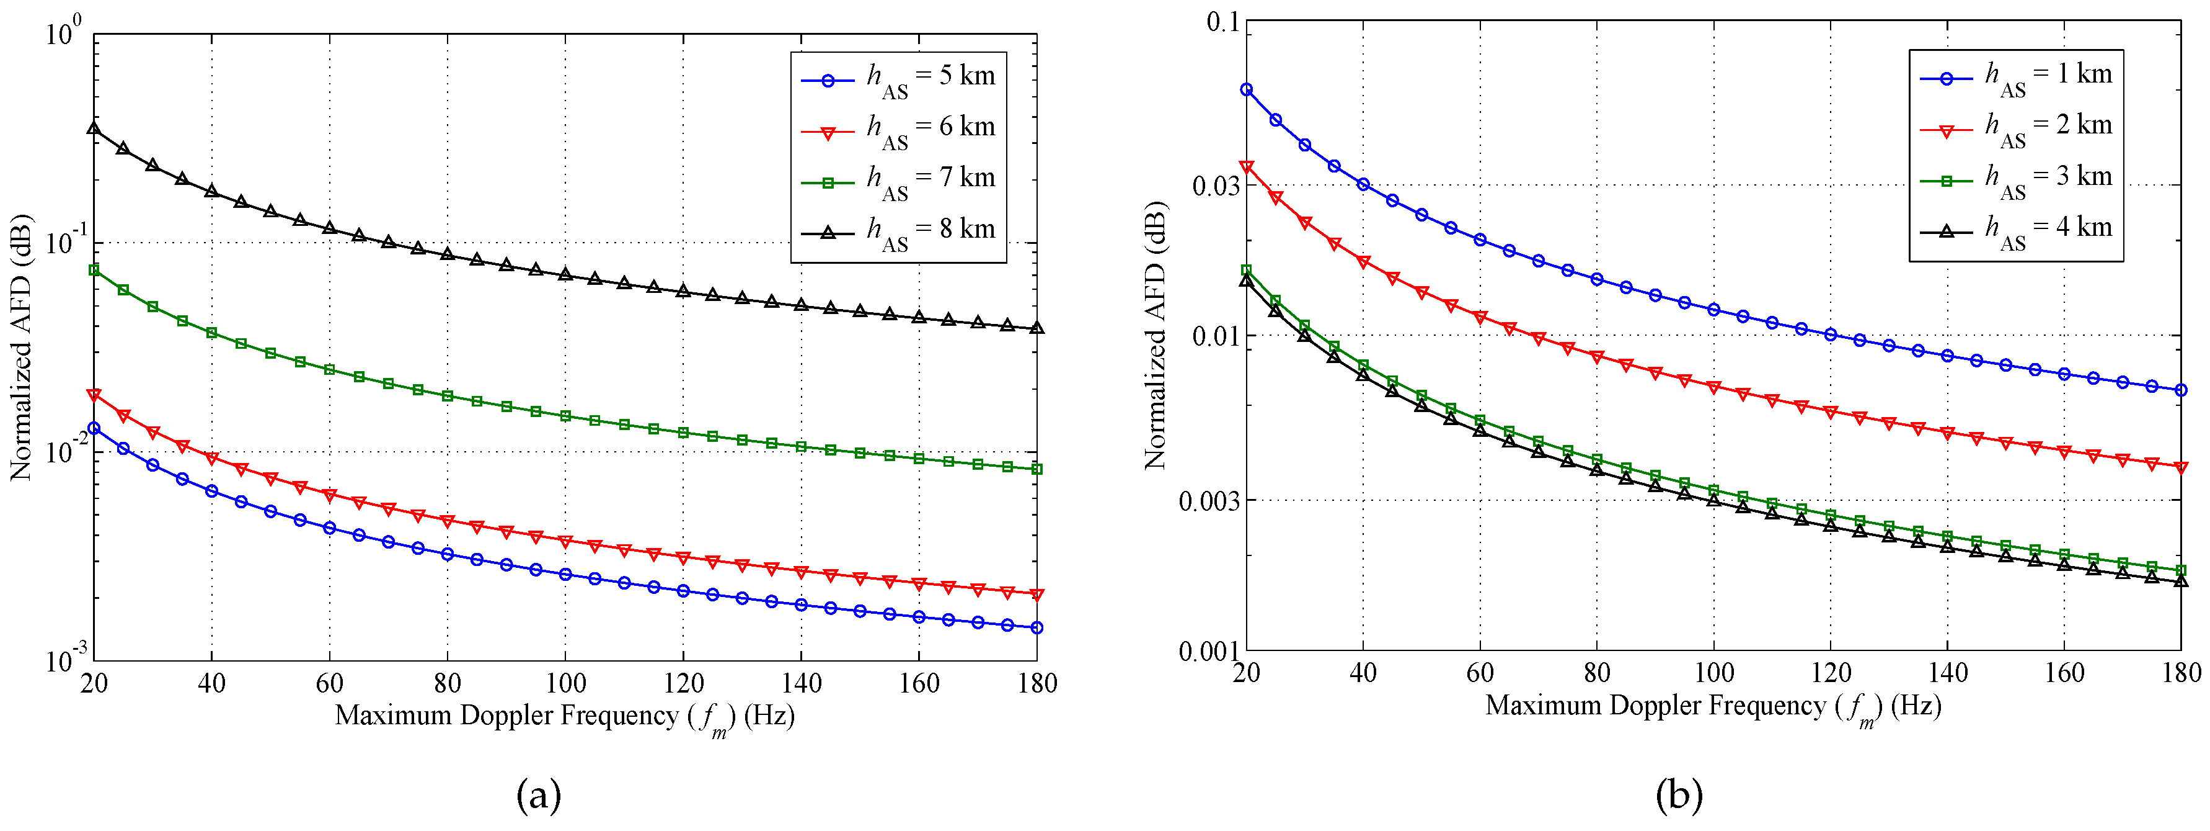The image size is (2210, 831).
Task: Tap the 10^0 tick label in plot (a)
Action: [x=63, y=34]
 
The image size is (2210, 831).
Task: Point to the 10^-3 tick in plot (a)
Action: [x=63, y=659]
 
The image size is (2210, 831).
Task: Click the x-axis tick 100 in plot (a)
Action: [x=565, y=684]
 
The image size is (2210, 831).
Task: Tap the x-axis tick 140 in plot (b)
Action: [x=1948, y=673]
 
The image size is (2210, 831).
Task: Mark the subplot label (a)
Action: [x=539, y=795]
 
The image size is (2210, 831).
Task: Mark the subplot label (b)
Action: [x=1678, y=795]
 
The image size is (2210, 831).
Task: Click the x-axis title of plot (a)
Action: [x=565, y=716]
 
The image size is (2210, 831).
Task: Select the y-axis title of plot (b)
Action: [x=1156, y=335]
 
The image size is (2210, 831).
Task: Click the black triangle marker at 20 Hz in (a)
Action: [x=94, y=128]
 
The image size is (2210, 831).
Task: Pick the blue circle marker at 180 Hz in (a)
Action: [x=1036, y=627]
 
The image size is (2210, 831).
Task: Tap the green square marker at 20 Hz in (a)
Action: [x=94, y=269]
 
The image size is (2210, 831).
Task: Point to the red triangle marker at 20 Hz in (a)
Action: [x=94, y=395]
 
